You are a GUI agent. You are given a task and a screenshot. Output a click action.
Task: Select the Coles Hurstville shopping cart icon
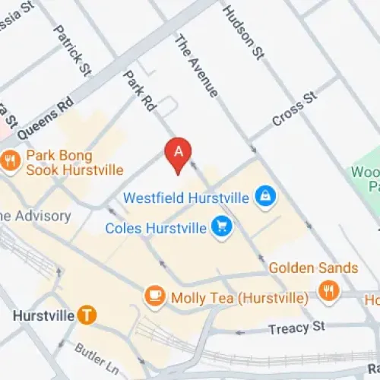222,226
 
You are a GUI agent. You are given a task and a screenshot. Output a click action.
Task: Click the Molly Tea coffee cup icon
154,296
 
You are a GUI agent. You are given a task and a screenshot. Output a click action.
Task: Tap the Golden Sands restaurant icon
328,291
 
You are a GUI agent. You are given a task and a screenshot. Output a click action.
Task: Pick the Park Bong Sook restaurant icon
10,160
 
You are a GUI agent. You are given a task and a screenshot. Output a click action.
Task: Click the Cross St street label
293,111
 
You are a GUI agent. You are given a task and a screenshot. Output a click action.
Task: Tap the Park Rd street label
138,92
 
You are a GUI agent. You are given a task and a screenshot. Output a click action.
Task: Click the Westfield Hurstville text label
186,198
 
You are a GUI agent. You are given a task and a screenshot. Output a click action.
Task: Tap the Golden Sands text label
313,268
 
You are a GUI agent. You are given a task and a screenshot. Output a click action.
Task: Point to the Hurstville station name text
43,315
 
